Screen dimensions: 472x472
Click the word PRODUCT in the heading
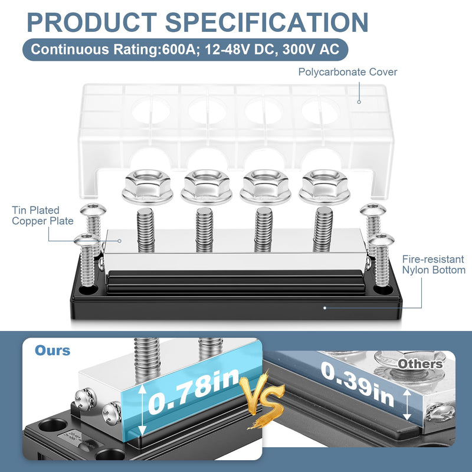[x=92, y=22]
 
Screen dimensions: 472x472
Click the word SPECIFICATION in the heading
[x=267, y=22]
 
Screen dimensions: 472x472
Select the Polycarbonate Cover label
[x=348, y=72]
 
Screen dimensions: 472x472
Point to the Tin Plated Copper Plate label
[x=42, y=215]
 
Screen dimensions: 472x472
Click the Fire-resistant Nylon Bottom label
[x=434, y=264]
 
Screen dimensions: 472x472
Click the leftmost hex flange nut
[x=147, y=186]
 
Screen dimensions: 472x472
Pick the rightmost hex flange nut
[x=324, y=186]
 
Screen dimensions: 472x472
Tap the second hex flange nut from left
[x=206, y=186]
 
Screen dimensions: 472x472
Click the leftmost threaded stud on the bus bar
[x=146, y=230]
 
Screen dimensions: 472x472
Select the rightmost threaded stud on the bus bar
[x=323, y=230]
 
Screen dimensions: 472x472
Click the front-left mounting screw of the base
[x=86, y=260]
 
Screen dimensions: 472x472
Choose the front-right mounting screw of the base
[x=382, y=260]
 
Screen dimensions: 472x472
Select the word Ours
[x=53, y=350]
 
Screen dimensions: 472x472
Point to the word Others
[x=420, y=364]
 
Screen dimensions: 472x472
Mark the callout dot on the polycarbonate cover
[x=359, y=102]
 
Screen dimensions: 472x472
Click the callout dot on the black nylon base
[x=324, y=307]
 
